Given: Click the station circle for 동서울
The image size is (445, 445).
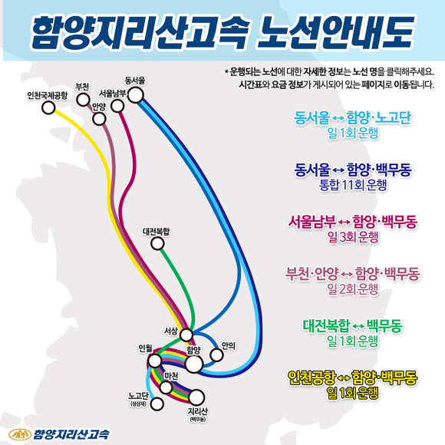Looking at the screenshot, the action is [136, 95].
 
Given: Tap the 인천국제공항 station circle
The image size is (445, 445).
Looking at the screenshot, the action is [48, 107].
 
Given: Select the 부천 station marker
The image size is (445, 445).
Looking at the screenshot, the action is [83, 99].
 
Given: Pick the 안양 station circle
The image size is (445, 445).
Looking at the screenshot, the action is [99, 119].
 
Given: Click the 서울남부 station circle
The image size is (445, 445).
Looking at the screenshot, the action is [117, 106].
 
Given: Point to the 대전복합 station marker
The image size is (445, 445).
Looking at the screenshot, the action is [157, 243].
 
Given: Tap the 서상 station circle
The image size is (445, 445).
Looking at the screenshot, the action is [186, 335].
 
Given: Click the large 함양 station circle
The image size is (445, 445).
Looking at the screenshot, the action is [194, 364].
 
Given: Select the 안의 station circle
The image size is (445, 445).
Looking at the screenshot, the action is [216, 354].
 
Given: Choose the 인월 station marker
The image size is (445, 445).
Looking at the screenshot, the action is [155, 361].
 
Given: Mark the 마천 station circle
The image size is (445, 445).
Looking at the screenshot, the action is [166, 387].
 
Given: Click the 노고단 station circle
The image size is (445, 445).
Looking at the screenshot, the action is [157, 404].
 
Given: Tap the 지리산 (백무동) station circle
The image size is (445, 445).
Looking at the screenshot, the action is [196, 397].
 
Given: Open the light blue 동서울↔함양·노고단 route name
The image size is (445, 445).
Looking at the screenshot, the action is [352, 118].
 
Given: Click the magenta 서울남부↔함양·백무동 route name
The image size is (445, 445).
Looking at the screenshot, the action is [352, 222].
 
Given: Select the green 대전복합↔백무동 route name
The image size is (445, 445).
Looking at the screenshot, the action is [352, 326].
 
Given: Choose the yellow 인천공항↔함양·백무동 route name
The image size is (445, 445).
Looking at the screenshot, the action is [352, 377].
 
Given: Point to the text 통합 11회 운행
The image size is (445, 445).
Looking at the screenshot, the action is [353, 186].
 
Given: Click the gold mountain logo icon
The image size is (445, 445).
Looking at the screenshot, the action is [20, 434].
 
